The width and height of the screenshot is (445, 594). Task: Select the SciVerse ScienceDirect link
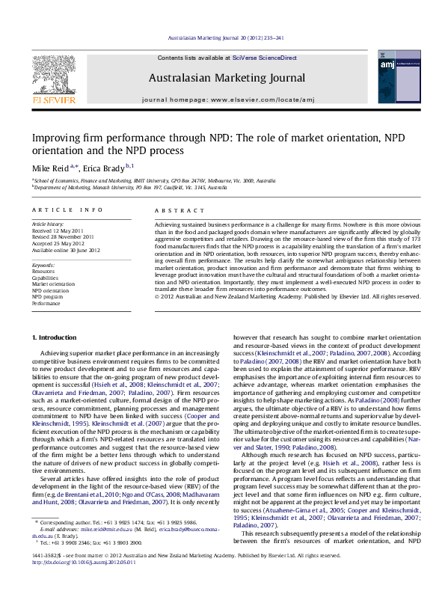pos(264,58)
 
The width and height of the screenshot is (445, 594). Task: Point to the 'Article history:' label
pos(48,224)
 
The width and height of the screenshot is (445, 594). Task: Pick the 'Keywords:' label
pos(43,265)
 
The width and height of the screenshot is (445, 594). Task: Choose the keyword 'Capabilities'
pos(47,278)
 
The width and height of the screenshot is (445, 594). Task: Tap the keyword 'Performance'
pos(46,304)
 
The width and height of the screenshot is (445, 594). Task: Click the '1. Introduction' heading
pos(56,338)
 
